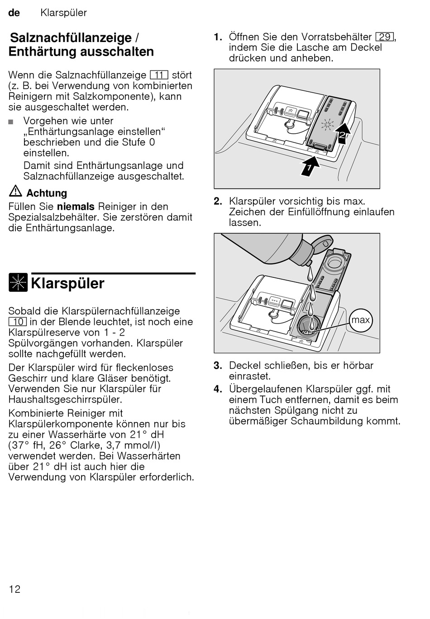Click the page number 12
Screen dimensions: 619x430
click(14, 589)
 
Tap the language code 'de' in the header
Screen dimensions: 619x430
click(14, 13)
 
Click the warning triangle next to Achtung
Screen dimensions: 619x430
click(15, 192)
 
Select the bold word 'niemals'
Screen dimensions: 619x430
click(76, 206)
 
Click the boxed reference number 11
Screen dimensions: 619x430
click(159, 75)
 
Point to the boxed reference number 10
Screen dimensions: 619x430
click(17, 322)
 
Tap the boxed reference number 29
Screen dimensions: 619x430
click(385, 37)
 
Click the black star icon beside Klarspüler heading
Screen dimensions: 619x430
click(18, 283)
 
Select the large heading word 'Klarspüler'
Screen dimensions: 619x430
click(68, 283)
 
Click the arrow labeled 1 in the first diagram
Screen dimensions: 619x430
click(310, 166)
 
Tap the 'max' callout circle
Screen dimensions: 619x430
click(360, 320)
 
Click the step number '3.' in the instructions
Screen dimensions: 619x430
click(218, 366)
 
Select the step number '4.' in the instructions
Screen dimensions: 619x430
click(218, 389)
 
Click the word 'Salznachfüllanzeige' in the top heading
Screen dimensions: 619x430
click(71, 38)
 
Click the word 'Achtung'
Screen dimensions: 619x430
click(47, 193)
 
